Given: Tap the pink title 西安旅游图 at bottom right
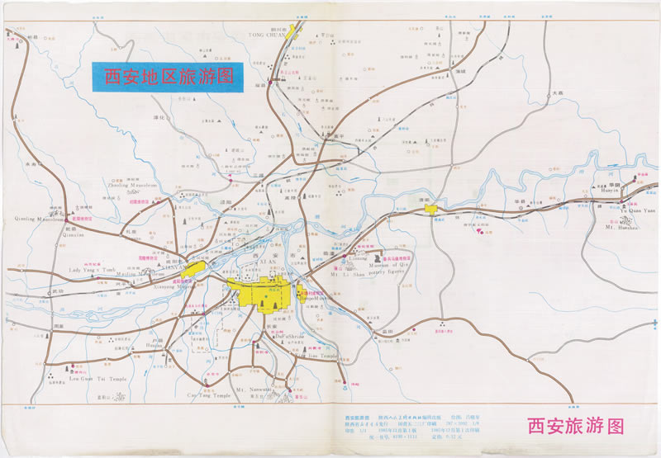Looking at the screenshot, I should tap(575, 426).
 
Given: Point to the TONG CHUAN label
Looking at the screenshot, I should tap(266, 35).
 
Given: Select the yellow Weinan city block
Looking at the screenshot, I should tap(430, 210).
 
